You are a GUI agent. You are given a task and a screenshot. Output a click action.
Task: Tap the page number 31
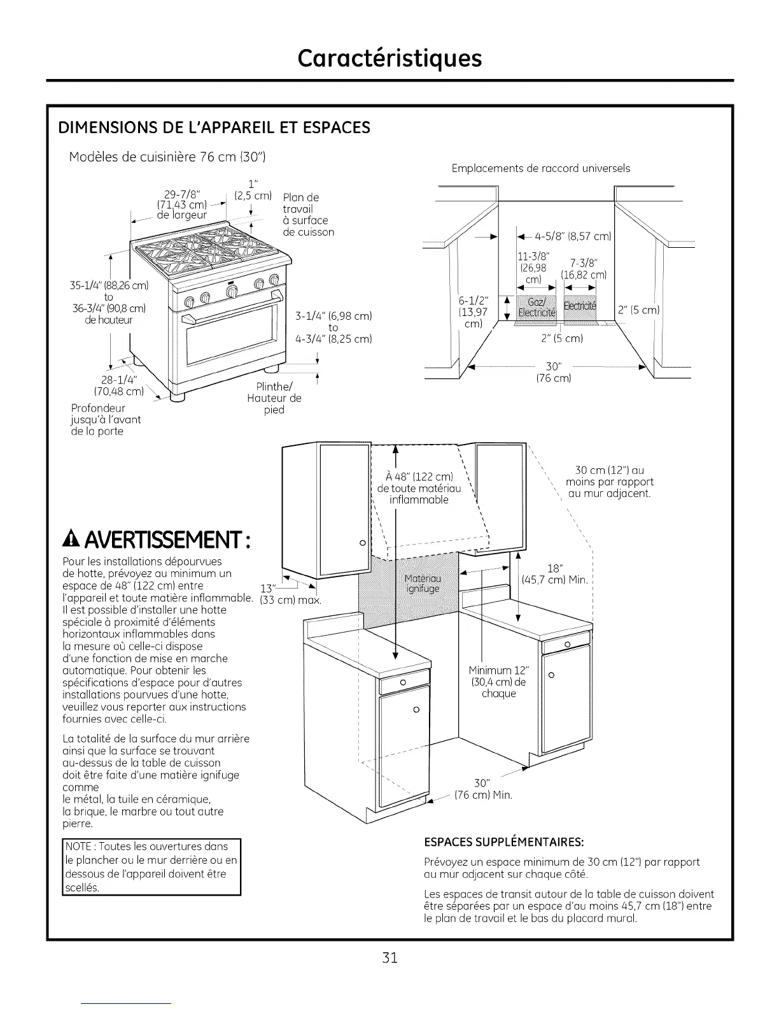[x=390, y=957]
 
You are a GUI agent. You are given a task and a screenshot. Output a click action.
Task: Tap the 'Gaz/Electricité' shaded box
[x=537, y=306]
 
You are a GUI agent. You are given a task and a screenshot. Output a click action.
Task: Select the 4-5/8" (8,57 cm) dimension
[x=570, y=237]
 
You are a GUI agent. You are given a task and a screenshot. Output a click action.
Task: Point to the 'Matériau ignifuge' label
[x=422, y=583]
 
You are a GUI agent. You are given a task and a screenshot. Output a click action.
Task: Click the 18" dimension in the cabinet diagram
[x=554, y=569]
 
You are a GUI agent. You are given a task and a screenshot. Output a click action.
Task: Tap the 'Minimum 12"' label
[x=498, y=670]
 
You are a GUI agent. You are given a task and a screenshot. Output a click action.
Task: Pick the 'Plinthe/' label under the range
[x=274, y=387]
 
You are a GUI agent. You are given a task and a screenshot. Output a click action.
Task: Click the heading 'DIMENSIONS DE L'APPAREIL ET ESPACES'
[x=214, y=128]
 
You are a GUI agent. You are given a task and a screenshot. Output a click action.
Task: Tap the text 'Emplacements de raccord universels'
[x=541, y=168]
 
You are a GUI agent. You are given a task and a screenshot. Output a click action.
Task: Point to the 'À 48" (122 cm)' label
[x=419, y=477]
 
